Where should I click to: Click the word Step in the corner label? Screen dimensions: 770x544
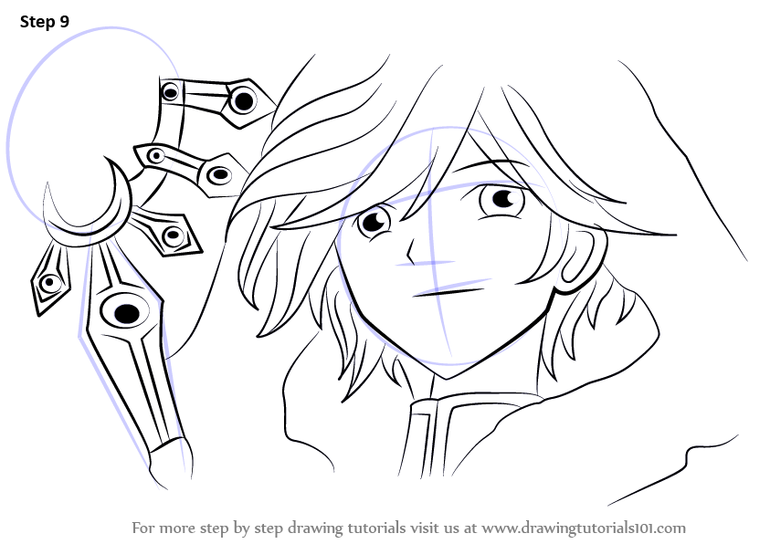(x=37, y=22)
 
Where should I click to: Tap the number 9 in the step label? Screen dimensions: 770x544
(x=65, y=22)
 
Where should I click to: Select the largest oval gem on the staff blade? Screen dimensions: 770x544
(x=126, y=312)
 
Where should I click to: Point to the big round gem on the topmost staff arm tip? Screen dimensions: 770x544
(x=243, y=101)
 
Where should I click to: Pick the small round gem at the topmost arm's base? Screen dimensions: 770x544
(x=171, y=91)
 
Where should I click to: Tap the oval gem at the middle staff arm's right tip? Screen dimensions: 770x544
(x=219, y=174)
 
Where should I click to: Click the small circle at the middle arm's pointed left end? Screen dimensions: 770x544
(x=156, y=156)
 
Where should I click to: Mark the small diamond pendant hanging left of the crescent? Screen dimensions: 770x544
(x=49, y=278)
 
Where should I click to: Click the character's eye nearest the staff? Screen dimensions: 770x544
(x=374, y=223)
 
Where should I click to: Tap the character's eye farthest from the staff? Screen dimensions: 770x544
(x=501, y=199)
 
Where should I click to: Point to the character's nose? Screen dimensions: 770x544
(x=410, y=252)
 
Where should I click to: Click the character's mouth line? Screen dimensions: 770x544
(x=448, y=292)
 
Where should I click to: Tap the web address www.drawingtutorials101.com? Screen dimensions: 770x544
(x=584, y=528)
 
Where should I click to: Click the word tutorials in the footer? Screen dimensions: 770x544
(x=376, y=528)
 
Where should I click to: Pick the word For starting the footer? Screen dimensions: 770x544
(x=142, y=528)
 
